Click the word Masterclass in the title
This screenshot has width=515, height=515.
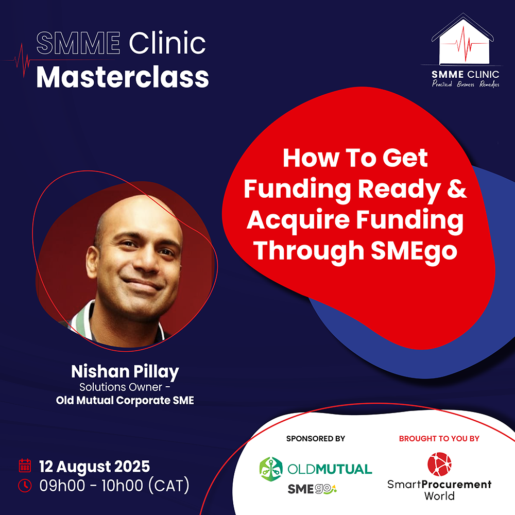tap(123, 77)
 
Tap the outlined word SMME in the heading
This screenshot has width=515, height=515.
tap(78, 43)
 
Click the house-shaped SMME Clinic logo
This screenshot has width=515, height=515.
tap(463, 39)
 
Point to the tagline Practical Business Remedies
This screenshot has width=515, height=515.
tap(466, 84)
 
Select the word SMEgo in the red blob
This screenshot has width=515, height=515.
tap(414, 251)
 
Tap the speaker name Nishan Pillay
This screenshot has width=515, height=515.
tap(125, 372)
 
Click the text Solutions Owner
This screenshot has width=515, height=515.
tap(121, 387)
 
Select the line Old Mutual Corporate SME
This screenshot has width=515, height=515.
tap(125, 400)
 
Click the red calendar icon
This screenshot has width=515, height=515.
tap(25, 466)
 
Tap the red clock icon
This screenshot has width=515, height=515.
tap(25, 486)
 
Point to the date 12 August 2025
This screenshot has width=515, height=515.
tap(95, 467)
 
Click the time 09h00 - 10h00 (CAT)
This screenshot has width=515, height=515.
tap(114, 486)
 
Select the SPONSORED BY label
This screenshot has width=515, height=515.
tap(316, 438)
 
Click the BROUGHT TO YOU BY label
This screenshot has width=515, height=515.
tap(439, 438)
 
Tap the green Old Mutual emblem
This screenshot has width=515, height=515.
tap(271, 469)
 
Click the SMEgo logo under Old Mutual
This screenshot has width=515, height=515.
tap(312, 489)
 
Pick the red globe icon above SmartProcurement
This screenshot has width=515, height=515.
tap(439, 464)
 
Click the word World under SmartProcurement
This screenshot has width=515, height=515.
tap(439, 495)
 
